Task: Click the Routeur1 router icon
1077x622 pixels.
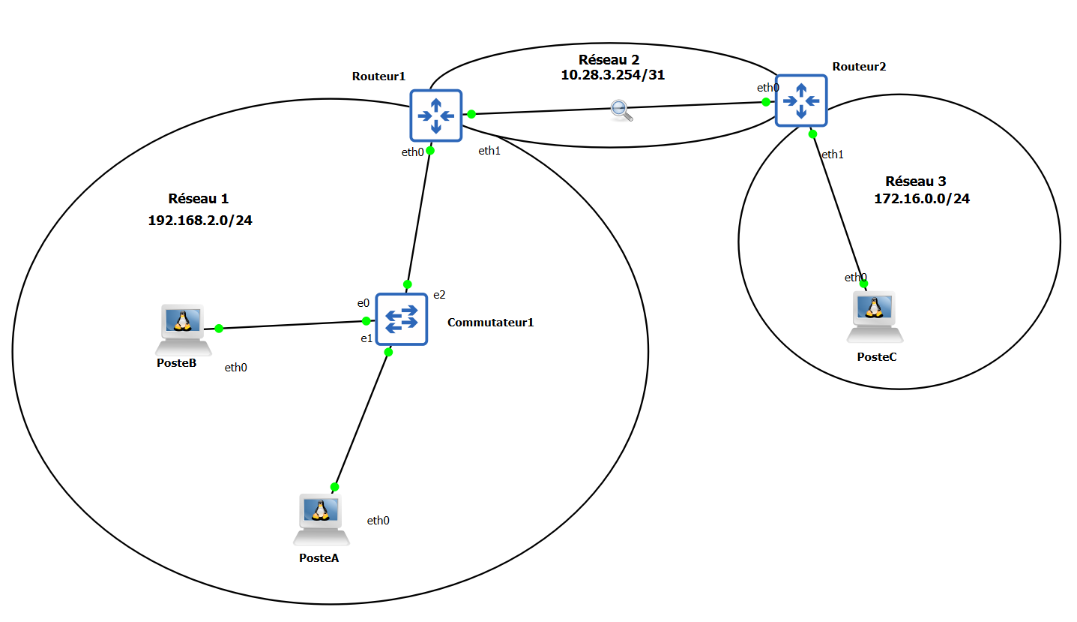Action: point(435,116)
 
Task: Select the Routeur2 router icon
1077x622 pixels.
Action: point(801,101)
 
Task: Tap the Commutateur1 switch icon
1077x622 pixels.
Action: point(401,319)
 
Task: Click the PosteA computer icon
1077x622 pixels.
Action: point(322,518)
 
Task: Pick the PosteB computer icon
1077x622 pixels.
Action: point(182,329)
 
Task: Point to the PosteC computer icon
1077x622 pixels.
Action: point(875,316)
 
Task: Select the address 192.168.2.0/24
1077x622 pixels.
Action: point(200,221)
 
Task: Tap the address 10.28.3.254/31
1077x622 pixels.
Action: point(613,75)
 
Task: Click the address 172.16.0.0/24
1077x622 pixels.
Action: point(922,199)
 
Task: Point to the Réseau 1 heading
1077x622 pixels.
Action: point(199,199)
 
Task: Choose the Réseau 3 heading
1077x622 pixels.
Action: point(916,181)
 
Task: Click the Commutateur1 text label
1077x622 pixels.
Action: point(491,323)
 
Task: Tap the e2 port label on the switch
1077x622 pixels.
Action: point(439,294)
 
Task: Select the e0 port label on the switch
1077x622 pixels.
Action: point(363,303)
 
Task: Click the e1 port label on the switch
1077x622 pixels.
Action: point(366,338)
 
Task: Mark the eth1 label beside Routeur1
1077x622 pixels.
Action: point(489,151)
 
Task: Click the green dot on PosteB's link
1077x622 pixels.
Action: point(219,329)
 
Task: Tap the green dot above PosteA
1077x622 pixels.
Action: point(334,487)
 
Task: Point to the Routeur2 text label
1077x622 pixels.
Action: point(859,66)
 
